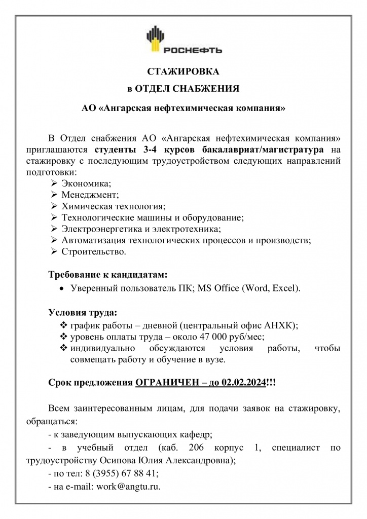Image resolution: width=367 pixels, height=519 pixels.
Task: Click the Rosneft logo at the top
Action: click(x=183, y=42)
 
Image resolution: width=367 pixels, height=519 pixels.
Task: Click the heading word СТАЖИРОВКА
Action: click(x=183, y=71)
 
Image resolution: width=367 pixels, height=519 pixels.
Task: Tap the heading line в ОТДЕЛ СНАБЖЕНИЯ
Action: click(x=183, y=89)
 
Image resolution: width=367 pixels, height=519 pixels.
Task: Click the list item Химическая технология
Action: click(x=114, y=206)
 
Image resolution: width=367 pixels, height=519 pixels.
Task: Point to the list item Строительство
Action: click(x=94, y=251)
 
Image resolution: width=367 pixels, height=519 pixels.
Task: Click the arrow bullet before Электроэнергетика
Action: click(x=54, y=229)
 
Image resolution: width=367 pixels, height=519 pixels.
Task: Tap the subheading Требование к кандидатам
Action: click(x=107, y=275)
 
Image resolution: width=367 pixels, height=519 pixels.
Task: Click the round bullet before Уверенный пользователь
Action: click(x=61, y=289)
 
